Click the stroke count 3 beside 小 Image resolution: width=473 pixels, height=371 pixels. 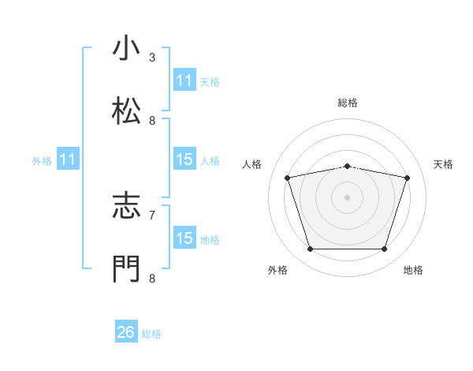[152, 58]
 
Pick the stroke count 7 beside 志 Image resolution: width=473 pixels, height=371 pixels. [152, 214]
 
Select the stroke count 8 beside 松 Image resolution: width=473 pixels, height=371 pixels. [152, 121]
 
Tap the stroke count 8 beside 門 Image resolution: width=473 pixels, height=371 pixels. [152, 277]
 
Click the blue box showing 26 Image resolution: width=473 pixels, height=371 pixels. [126, 332]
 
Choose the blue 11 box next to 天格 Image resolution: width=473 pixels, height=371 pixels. [184, 81]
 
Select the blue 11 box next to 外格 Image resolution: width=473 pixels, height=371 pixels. [68, 159]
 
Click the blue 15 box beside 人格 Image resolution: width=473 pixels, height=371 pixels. [184, 159]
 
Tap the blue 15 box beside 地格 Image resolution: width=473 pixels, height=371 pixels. [184, 238]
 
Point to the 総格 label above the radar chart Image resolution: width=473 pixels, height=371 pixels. [347, 103]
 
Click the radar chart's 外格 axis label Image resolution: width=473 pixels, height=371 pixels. [277, 270]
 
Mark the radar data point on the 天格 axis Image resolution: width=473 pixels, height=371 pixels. [408, 178]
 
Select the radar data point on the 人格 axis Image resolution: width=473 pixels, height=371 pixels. [287, 178]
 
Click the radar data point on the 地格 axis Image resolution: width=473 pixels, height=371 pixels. [384, 249]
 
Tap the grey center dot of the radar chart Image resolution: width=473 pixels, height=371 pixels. [347, 197]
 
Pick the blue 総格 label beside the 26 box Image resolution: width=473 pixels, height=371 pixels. [151, 334]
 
